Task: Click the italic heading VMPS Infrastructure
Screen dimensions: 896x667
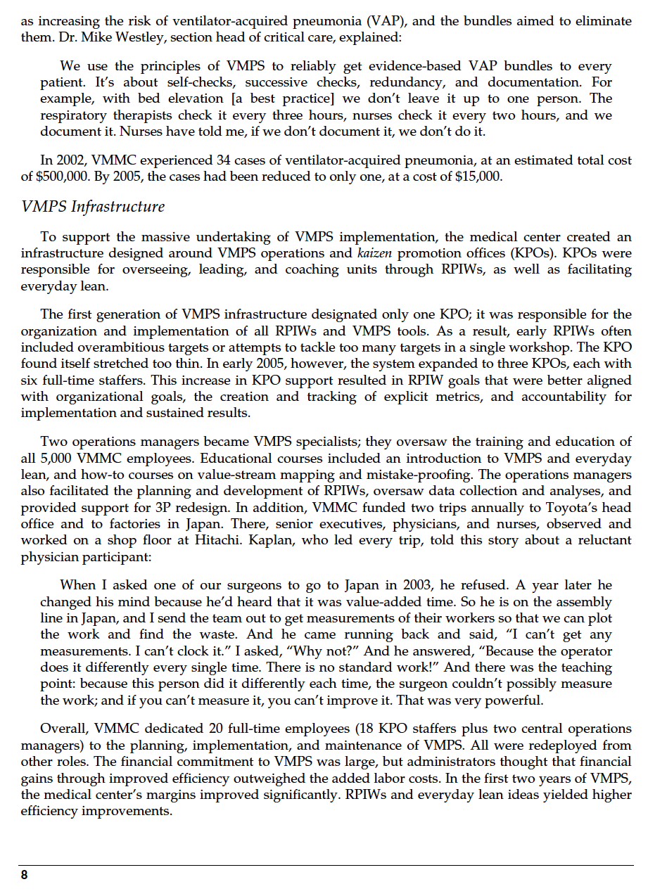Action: [93, 207]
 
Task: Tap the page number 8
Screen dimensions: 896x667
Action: [25, 875]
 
